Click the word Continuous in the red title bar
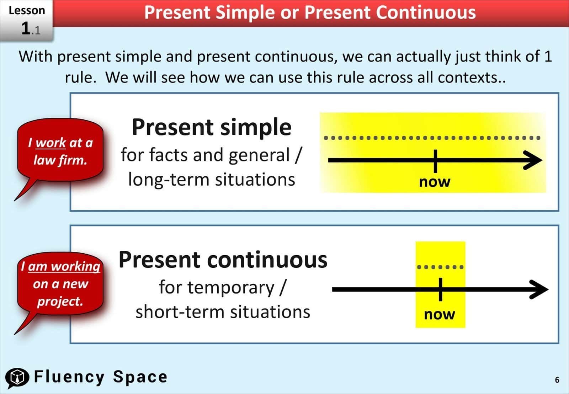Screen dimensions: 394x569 pos(426,12)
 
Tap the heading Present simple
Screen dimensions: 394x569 pos(212,127)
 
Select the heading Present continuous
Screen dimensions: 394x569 pos(223,260)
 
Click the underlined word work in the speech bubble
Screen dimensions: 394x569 pos(50,143)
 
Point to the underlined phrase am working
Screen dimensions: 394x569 pos(64,266)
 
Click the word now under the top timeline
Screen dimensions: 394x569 pos(435,182)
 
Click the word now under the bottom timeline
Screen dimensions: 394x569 pos(440,314)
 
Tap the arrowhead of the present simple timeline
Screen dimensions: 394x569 pos(533,160)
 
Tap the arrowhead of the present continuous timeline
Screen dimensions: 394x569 pos(539,289)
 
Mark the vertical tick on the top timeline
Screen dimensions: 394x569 pos(435,161)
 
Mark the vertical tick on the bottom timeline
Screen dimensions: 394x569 pos(440,289)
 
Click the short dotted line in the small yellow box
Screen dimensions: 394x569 pos(440,267)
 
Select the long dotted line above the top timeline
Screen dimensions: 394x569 pos(432,138)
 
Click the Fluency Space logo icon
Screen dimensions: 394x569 pos(17,377)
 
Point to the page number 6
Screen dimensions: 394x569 pos(557,380)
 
